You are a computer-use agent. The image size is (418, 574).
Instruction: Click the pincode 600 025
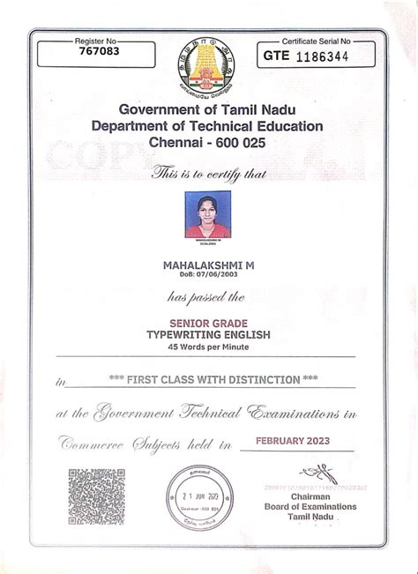point(247,141)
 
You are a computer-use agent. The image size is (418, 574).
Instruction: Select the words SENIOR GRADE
point(208,324)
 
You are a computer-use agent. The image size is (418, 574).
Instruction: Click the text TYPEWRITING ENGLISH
point(208,336)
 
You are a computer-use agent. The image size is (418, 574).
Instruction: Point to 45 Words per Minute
point(208,347)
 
